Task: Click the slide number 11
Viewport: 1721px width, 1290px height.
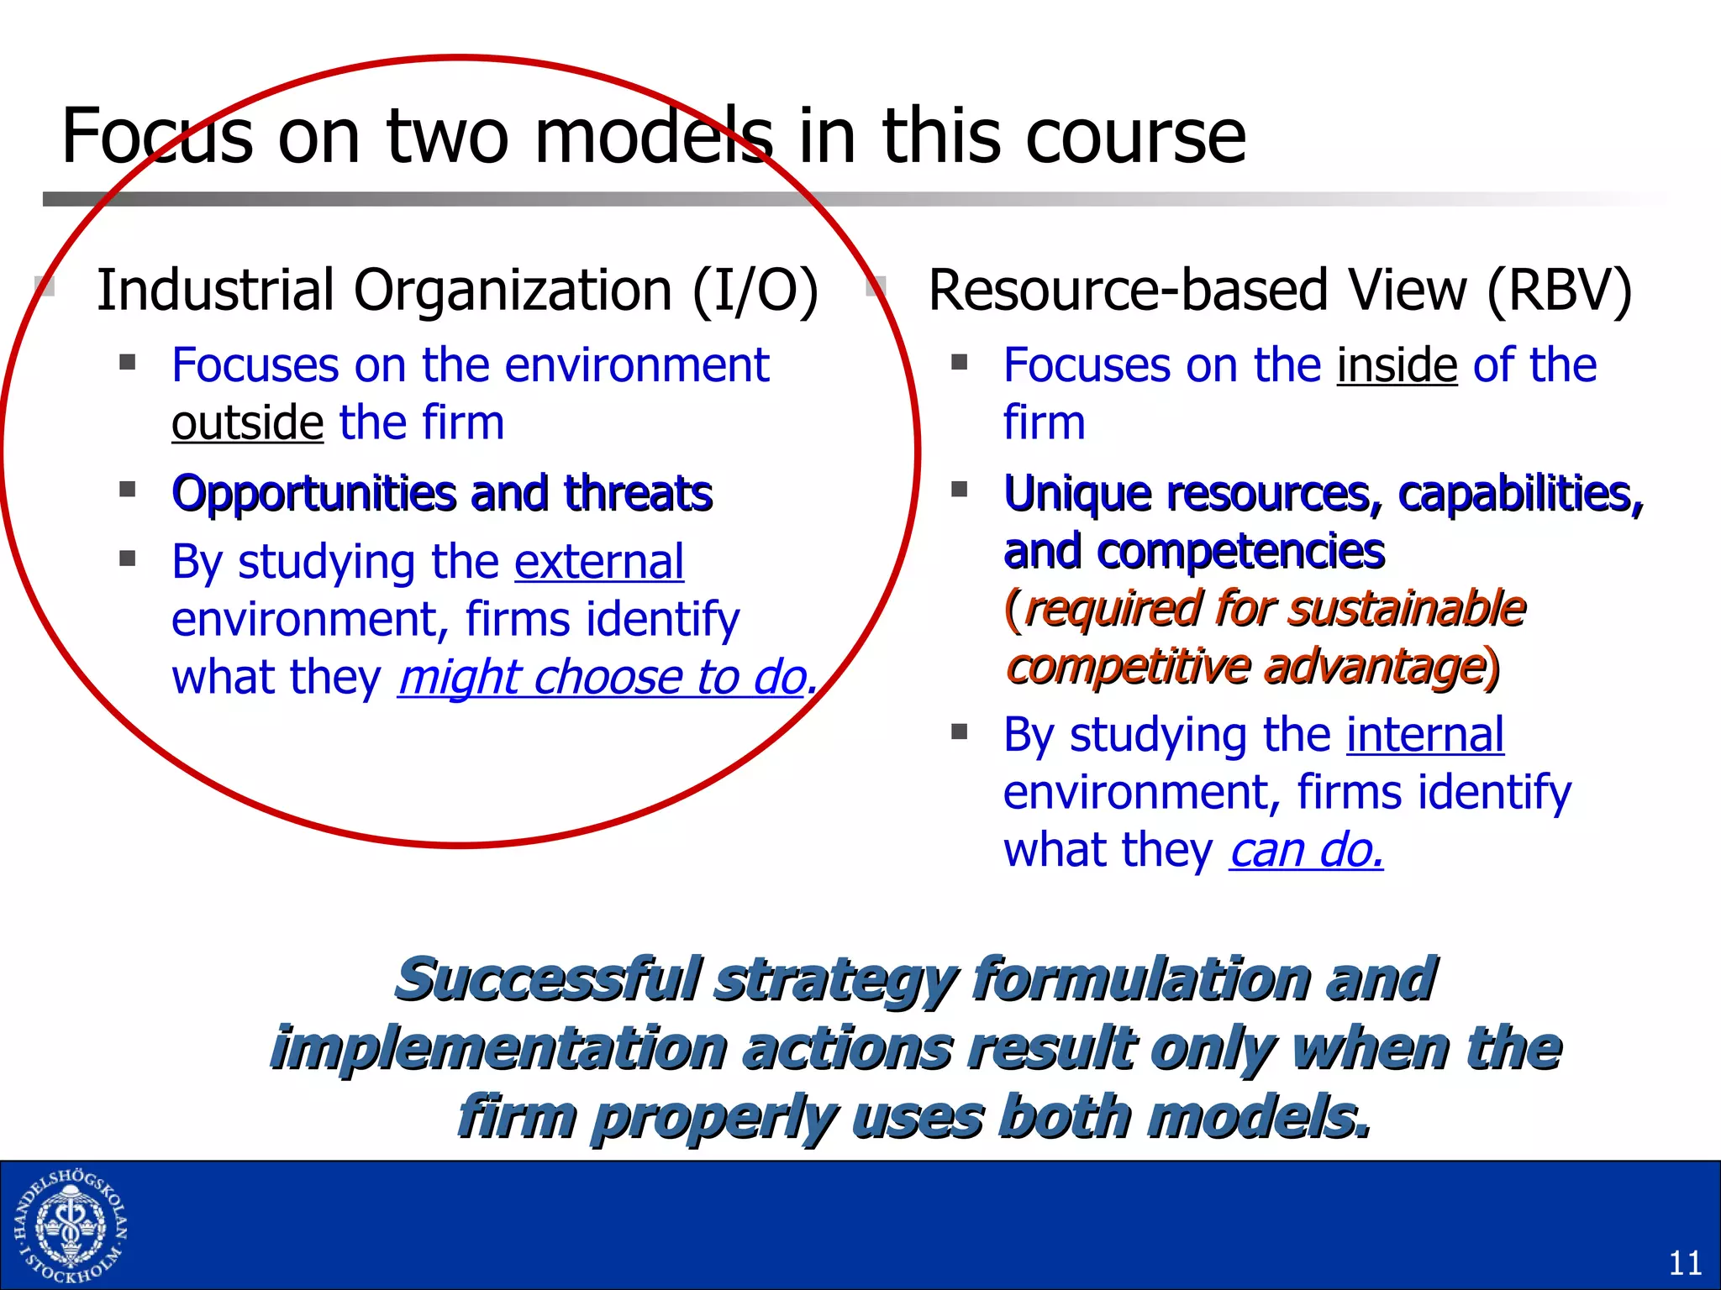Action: point(1685,1262)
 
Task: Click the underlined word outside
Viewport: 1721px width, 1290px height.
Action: point(247,422)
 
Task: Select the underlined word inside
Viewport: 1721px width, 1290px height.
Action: point(1397,365)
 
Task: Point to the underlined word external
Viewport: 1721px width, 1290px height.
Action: point(599,562)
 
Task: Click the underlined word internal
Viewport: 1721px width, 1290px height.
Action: point(1424,735)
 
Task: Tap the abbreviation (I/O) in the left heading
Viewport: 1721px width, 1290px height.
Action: point(754,291)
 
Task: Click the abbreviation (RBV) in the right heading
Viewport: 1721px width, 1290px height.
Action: point(1559,291)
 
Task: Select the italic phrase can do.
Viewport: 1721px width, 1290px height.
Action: point(1305,851)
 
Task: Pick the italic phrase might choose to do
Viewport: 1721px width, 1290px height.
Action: point(603,678)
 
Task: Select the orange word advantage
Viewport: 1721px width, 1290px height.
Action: point(1375,667)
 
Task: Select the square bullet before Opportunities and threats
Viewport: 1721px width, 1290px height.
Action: point(128,490)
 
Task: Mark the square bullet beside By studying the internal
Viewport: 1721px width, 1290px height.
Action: point(960,732)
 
